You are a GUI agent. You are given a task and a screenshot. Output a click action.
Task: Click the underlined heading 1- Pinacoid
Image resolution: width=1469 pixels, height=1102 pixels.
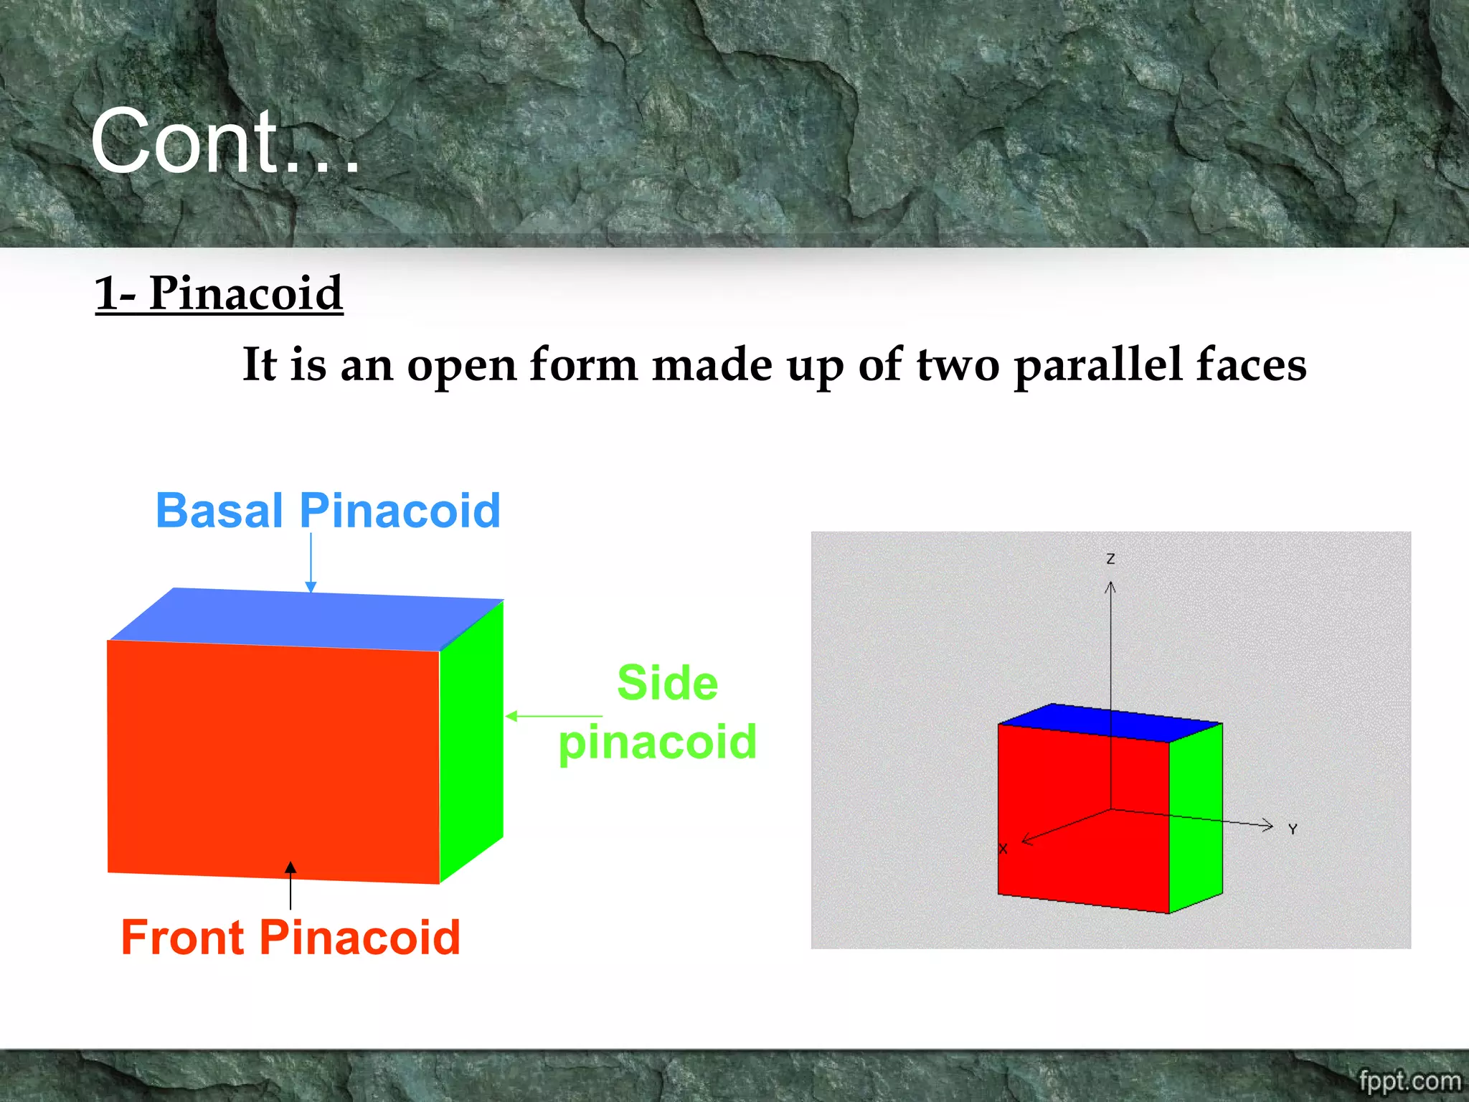tap(219, 293)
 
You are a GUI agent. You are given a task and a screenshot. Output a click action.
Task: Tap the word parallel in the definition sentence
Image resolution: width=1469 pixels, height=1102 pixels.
tap(1097, 366)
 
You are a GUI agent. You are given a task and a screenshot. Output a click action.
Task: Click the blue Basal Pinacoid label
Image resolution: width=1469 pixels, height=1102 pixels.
tap(328, 511)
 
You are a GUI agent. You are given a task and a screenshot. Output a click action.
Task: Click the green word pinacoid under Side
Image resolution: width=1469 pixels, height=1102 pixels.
tap(657, 742)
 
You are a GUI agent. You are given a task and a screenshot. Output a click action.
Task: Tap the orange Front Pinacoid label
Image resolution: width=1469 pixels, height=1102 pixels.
tap(291, 938)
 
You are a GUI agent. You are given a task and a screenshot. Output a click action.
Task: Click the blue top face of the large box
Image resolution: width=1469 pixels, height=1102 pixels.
tap(308, 619)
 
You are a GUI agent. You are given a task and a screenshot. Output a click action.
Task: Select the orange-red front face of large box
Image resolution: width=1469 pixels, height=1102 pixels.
tap(273, 760)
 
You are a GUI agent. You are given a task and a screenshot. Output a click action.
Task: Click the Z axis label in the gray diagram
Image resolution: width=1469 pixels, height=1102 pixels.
tap(1110, 558)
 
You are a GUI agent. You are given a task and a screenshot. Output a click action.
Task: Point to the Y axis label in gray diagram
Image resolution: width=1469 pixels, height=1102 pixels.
tap(1293, 829)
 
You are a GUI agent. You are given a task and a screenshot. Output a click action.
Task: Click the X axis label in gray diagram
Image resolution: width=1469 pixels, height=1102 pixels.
tap(1003, 849)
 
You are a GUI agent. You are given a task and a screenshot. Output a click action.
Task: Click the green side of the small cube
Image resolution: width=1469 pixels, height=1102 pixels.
tap(1196, 818)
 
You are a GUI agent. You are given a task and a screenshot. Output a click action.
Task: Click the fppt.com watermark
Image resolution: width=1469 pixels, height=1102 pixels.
tap(1409, 1080)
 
